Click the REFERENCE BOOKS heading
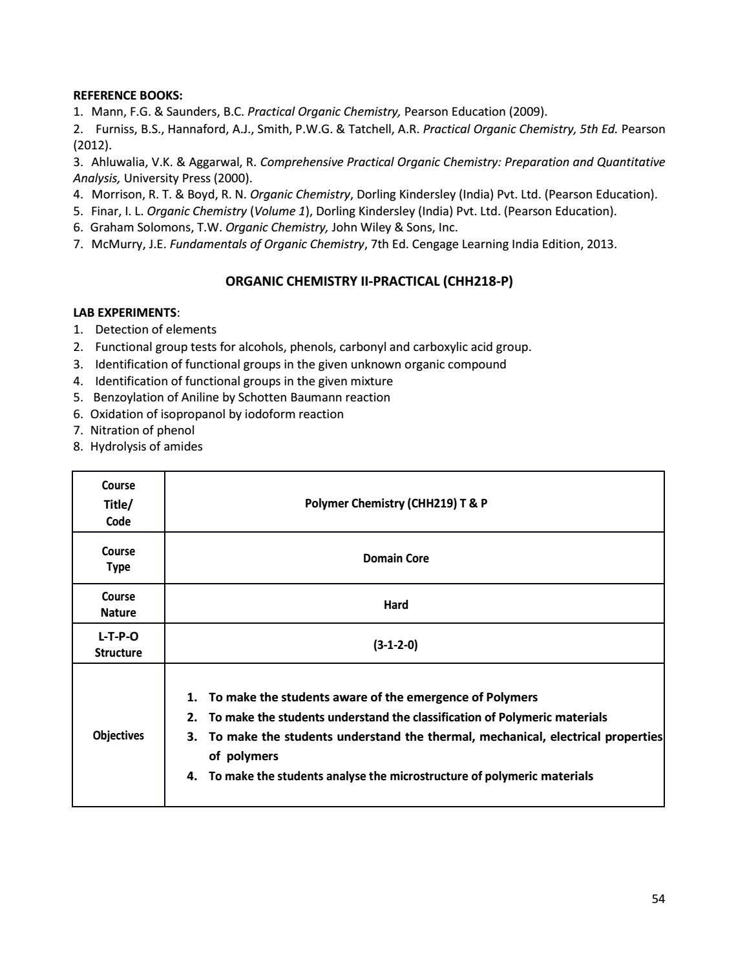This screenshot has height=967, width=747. (x=127, y=95)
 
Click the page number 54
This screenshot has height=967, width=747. (x=658, y=898)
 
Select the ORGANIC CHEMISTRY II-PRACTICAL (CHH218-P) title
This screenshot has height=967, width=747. (x=368, y=281)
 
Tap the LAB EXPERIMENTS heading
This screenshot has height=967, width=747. (x=125, y=313)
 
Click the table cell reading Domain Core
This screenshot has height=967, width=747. (x=395, y=558)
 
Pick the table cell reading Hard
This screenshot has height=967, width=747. (x=395, y=605)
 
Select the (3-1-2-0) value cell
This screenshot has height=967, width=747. (x=395, y=644)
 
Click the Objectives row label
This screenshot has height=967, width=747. (x=118, y=736)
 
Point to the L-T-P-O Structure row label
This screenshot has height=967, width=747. (x=118, y=644)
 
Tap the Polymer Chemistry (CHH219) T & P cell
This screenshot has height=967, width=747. (x=395, y=503)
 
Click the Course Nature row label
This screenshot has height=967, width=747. (x=118, y=604)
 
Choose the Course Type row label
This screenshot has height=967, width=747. (x=118, y=559)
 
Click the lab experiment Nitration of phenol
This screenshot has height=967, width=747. (x=142, y=430)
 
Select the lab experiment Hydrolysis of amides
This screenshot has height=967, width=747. (x=146, y=447)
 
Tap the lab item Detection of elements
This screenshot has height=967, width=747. (x=155, y=330)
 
